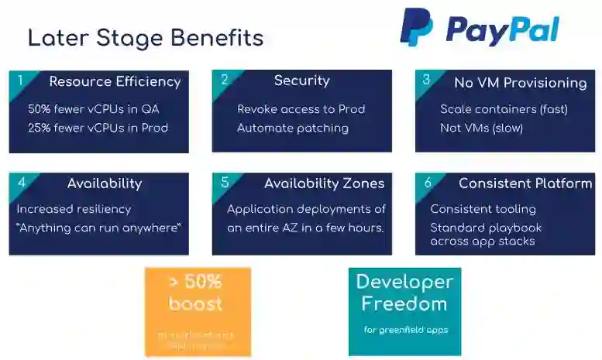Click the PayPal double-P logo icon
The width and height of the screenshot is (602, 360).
pos(416,28)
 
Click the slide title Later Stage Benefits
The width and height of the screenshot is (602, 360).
pos(146,38)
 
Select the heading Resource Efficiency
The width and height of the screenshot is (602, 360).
pos(115,81)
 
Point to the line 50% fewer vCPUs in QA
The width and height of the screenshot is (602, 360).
pos(94,109)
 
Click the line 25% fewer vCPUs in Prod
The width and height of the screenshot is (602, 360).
pos(98,128)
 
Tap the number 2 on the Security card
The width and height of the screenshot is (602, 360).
pos(224,79)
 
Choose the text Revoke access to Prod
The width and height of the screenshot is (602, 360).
pos(301,109)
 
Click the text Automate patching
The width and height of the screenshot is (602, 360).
pos(292,128)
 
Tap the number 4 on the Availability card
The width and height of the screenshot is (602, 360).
pos(22,183)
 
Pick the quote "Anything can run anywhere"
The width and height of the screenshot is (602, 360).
pos(98,228)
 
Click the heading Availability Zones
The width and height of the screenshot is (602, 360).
pos(324,183)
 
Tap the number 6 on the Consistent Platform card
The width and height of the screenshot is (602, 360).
pos(428,183)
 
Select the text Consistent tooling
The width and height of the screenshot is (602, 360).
pos(483,209)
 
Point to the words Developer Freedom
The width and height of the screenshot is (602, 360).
pos(404,292)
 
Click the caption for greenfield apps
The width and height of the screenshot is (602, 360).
pos(405,330)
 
